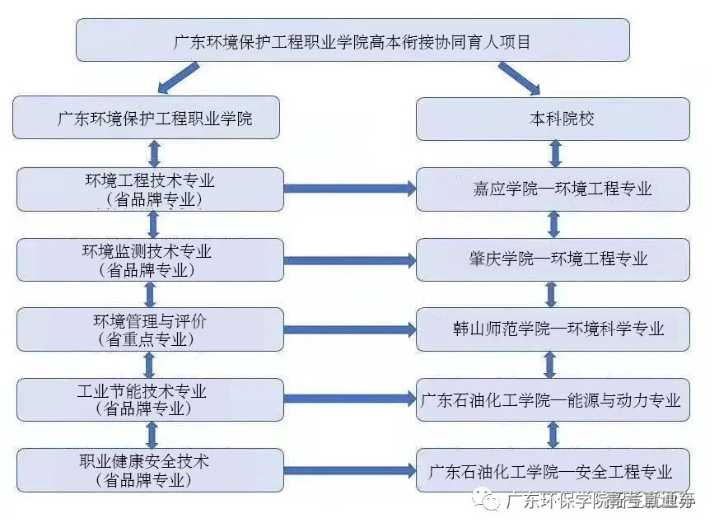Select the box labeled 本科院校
(x=553, y=119)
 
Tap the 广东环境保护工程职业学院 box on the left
(x=147, y=119)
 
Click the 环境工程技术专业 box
(x=150, y=189)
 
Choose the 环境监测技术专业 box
(x=150, y=259)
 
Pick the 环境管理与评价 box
(x=150, y=329)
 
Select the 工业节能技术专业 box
(x=150, y=399)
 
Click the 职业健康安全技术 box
(x=150, y=470)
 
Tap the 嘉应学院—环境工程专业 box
(x=553, y=189)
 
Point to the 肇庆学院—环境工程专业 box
(x=553, y=259)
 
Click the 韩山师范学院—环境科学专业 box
(x=553, y=329)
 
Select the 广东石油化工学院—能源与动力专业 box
(x=553, y=400)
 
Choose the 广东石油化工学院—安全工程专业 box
(x=553, y=471)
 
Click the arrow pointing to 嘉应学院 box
(x=350, y=189)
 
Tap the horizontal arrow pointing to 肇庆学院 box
(x=350, y=260)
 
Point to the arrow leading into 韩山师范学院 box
(x=350, y=329)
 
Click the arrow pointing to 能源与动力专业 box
(x=350, y=399)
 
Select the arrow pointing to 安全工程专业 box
(x=350, y=471)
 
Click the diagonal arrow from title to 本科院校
(x=519, y=78)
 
